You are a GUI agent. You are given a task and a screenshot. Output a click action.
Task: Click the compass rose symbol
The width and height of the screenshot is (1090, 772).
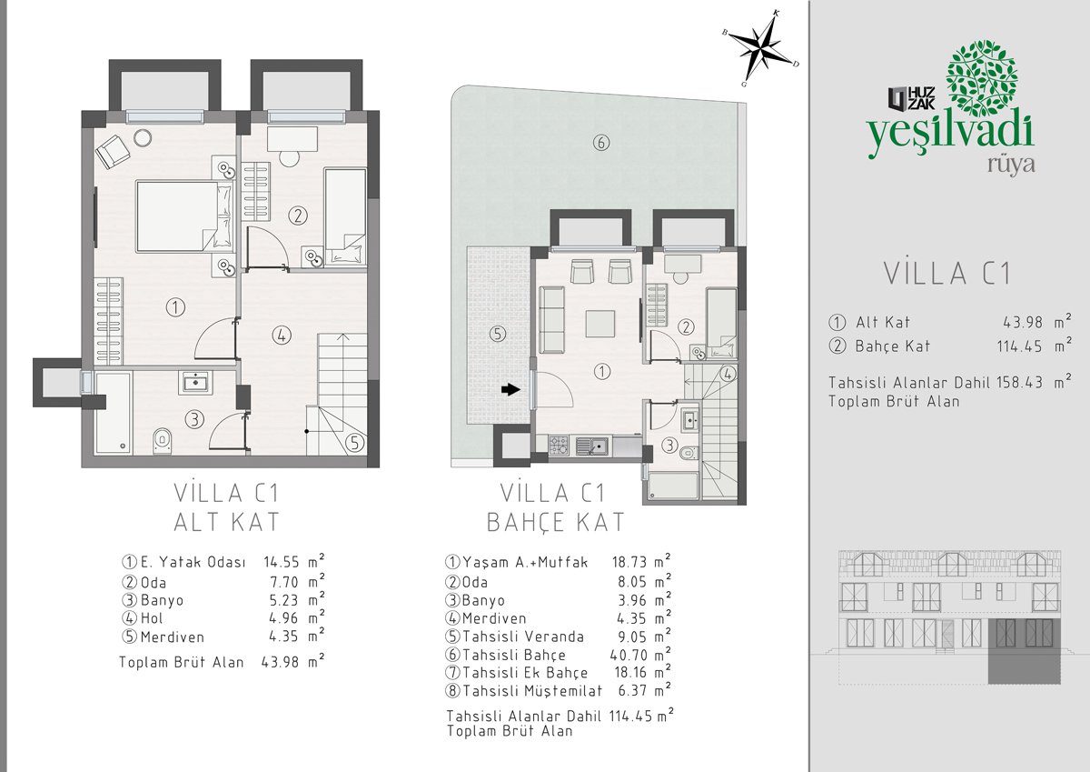click(761, 49)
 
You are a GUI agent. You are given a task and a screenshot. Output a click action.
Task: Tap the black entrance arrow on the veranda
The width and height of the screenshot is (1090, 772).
click(510, 389)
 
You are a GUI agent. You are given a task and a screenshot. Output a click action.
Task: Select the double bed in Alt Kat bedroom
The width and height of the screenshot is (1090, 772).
click(183, 216)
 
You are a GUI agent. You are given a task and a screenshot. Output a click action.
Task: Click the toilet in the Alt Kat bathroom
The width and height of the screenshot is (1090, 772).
click(162, 441)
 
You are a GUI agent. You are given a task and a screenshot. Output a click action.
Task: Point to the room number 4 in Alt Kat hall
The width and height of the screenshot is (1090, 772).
click(282, 336)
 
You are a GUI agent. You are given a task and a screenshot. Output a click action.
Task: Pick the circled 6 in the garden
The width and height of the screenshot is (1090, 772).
click(601, 143)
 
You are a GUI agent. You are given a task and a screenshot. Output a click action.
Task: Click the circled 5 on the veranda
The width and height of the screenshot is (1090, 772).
click(498, 334)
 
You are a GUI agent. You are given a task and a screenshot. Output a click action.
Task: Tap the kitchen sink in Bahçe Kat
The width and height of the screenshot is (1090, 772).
click(591, 446)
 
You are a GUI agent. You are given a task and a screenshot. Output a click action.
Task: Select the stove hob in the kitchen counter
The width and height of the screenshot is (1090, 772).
click(559, 446)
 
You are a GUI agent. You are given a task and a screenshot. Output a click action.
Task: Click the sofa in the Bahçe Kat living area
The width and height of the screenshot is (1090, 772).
click(552, 319)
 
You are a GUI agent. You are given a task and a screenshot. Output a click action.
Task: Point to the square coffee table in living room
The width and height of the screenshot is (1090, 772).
click(600, 324)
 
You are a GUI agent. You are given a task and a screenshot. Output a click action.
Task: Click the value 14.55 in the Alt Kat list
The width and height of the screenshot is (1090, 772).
click(282, 563)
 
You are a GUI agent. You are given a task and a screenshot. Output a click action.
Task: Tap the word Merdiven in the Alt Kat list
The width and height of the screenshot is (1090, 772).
click(173, 637)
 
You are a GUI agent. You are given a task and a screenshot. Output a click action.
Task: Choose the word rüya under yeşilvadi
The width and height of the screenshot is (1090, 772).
click(1011, 165)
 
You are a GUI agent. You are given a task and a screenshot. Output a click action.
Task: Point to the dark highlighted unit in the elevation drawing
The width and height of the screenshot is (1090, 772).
click(1024, 651)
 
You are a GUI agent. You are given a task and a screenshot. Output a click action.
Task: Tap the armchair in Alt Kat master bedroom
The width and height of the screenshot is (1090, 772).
click(113, 151)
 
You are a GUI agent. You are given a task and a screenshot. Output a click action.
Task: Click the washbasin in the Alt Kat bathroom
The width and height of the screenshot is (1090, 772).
click(195, 382)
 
